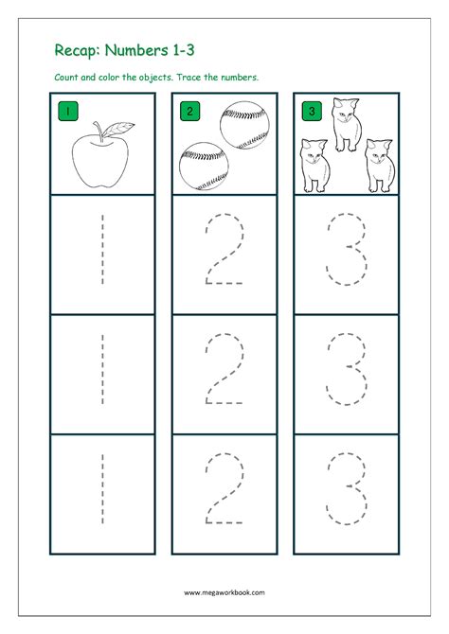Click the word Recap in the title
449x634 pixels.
pyautogui.click(x=77, y=51)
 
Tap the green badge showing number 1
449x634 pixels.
pyautogui.click(x=68, y=111)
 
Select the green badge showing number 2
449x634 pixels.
pyautogui.click(x=189, y=111)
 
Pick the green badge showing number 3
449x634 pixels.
pyautogui.click(x=312, y=111)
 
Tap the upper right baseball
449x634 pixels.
pyautogui.click(x=244, y=125)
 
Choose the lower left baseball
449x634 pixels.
pyautogui.click(x=204, y=166)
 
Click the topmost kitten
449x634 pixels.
pyautogui.click(x=347, y=125)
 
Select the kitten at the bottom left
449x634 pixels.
pyautogui.click(x=315, y=166)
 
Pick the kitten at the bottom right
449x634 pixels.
pyautogui.click(x=380, y=166)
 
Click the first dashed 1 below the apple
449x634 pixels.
pyautogui.click(x=102, y=250)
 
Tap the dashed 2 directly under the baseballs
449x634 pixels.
pyautogui.click(x=224, y=249)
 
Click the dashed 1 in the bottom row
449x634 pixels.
pyautogui.click(x=102, y=489)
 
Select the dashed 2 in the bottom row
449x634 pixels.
pyautogui.click(x=224, y=488)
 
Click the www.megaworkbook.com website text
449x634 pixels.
pyautogui.click(x=224, y=592)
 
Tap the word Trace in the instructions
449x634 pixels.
pyautogui.click(x=189, y=77)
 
